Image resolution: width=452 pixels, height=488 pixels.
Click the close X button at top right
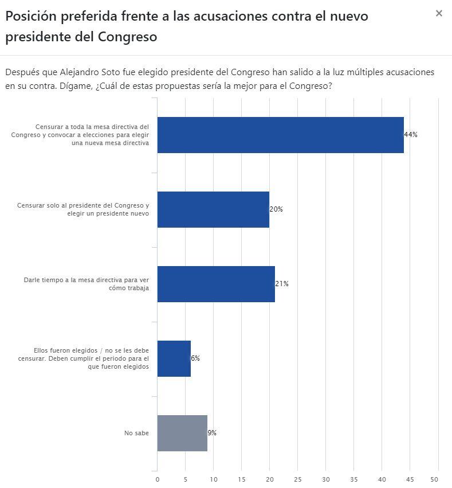coord(439,13)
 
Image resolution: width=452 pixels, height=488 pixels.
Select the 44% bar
coord(280,135)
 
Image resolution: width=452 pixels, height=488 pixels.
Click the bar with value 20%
coord(213,209)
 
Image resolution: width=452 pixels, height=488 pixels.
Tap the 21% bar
coord(216,284)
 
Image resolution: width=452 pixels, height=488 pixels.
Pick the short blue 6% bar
coord(174,358)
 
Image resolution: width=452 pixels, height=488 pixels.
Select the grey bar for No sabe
coord(182,433)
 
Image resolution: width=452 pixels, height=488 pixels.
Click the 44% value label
coord(411,135)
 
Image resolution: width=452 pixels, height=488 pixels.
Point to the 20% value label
coord(276,209)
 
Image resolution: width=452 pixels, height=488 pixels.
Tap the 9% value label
coord(212,433)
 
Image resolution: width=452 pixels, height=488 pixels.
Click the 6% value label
coord(195,358)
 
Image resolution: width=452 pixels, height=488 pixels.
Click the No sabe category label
coord(136,433)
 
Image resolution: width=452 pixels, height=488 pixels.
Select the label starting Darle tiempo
coord(87,284)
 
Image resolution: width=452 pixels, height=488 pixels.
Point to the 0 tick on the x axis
coord(158,479)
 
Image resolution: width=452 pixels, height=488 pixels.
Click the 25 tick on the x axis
coord(298,479)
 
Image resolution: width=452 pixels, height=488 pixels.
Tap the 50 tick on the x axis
coord(438,479)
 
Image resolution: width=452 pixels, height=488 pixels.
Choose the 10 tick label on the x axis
coord(214,479)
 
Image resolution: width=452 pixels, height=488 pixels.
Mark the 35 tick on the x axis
coord(354,479)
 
